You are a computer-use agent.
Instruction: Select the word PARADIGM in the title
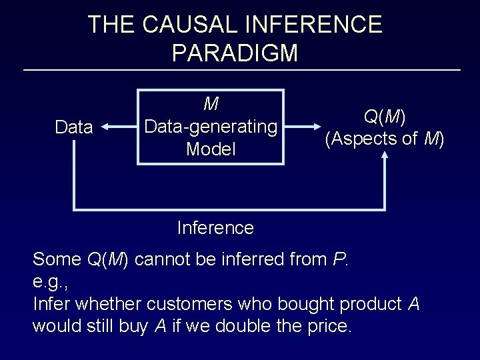pyautogui.click(x=235, y=52)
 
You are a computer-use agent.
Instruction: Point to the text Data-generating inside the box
pyautogui.click(x=211, y=127)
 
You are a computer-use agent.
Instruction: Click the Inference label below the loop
pyautogui.click(x=215, y=228)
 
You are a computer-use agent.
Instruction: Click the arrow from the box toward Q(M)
pyautogui.click(x=303, y=127)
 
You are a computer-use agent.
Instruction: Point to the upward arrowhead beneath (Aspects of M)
pyautogui.click(x=385, y=155)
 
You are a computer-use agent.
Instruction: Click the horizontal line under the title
pyautogui.click(x=241, y=70)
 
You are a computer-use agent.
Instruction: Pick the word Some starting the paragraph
pyautogui.click(x=57, y=259)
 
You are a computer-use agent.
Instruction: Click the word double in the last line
pyautogui.click(x=227, y=327)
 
